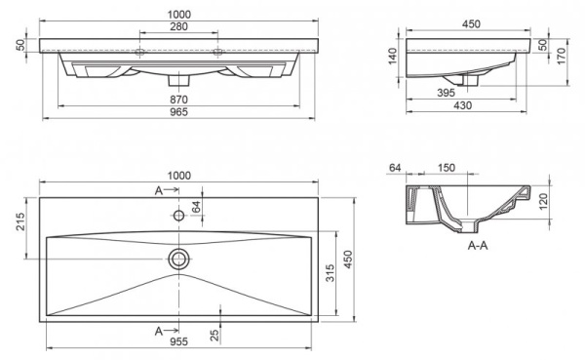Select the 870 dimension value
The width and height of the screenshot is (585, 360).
[179, 99]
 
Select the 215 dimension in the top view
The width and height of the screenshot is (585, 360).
[19, 223]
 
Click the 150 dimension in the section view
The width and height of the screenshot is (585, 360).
[446, 168]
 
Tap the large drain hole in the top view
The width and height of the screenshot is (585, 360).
[179, 259]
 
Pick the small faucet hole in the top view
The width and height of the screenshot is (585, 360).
[179, 215]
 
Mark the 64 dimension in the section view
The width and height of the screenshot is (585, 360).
[396, 168]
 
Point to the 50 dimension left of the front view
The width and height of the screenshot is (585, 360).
[19, 45]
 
